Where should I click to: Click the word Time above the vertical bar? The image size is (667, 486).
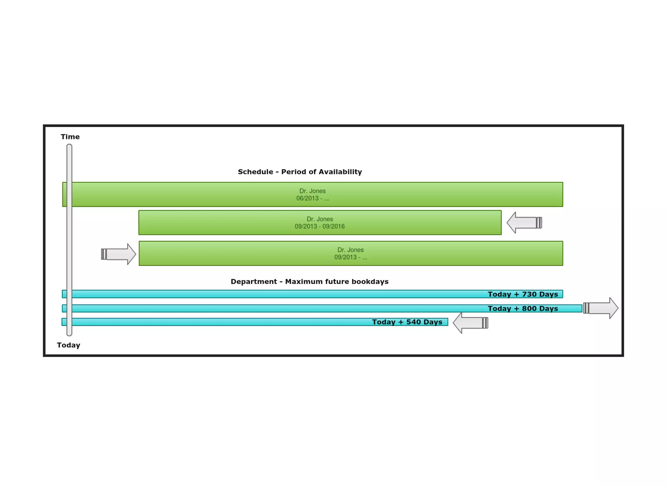pos(70,137)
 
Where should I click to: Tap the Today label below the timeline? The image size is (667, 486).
pos(68,345)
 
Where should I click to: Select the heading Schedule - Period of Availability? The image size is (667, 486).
pos(300,172)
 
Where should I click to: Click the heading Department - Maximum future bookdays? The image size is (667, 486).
pos(309,282)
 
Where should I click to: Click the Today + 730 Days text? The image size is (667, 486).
pos(523,294)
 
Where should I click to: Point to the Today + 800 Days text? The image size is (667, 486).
pos(523,309)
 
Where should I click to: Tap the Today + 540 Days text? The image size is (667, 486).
pos(407,322)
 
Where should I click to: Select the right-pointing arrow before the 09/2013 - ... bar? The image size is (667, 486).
pos(119,254)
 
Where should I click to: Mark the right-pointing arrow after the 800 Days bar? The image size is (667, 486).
pos(601,308)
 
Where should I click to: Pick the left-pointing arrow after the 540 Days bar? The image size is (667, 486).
pos(470,323)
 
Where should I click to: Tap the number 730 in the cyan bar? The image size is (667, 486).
pos(529,294)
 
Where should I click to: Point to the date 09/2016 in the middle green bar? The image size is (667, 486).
pos(333,226)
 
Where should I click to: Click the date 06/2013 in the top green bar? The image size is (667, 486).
pos(307,198)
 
